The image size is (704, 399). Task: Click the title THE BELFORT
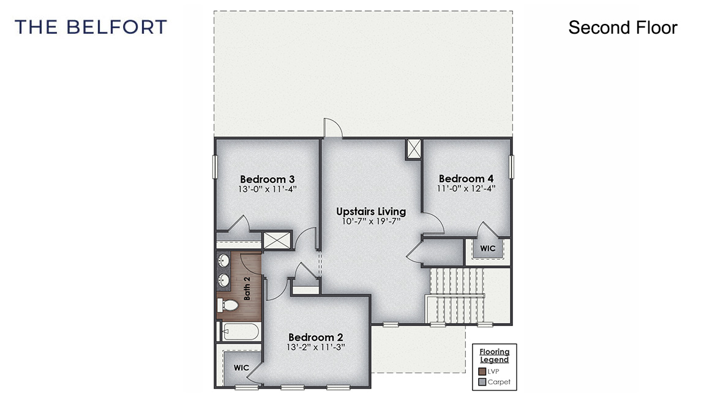[x=91, y=27]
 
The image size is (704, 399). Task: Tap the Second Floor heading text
[x=623, y=28]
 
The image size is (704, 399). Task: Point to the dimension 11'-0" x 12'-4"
[x=466, y=189]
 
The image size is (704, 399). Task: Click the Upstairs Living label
[x=370, y=211]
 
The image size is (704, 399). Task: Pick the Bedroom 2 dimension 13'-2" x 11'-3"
[x=315, y=347]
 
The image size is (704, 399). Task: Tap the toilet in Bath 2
[x=228, y=305]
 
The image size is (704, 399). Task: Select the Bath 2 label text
[x=247, y=287]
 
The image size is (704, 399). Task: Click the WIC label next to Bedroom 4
[x=487, y=249]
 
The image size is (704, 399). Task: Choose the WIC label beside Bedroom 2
[x=241, y=368]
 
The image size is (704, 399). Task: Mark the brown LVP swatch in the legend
[x=482, y=371]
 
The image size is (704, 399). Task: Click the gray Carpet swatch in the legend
[x=482, y=382]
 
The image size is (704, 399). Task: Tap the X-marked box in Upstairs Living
[x=414, y=149]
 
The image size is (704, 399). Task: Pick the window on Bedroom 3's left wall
[x=215, y=167]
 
